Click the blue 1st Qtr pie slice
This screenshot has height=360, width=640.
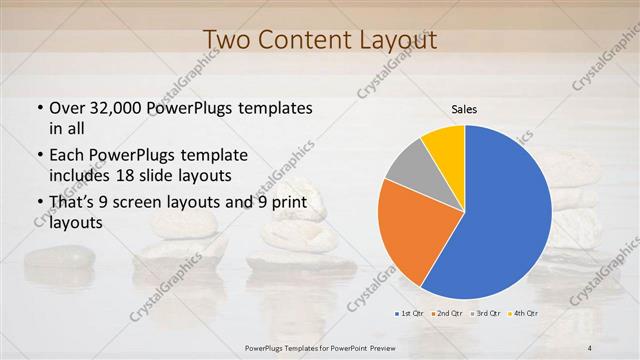[505, 215]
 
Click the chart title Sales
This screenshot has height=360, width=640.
[465, 109]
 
